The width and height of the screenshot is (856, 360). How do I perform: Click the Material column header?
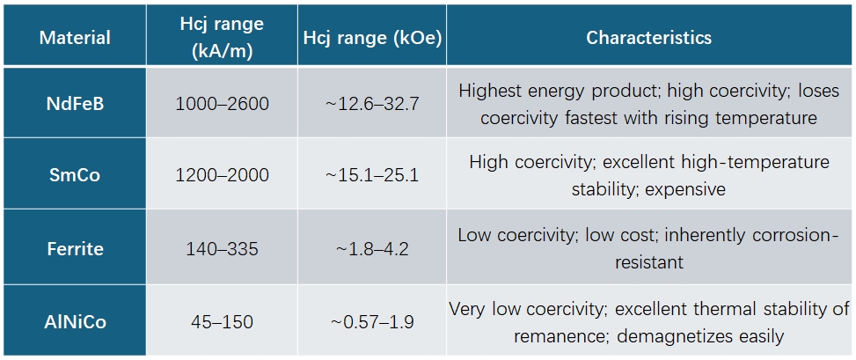pos(76,38)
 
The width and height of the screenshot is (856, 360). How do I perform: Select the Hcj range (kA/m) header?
pos(223,35)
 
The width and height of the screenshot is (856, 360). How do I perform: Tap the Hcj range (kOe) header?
pos(372,38)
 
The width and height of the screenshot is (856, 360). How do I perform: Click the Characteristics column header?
pos(648,38)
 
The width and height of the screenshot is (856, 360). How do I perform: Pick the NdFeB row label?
pos(76,103)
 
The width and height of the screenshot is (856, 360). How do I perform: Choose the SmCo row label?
pos(76,176)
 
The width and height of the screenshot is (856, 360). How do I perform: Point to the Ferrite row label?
pos(76,249)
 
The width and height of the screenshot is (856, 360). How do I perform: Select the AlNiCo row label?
pos(76,322)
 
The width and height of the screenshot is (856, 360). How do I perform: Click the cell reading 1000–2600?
pos(223,103)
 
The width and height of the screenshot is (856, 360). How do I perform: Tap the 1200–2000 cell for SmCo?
pos(223,176)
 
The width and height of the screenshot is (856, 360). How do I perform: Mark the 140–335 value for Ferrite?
pos(223,249)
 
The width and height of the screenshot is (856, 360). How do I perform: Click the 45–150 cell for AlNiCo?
pos(223,322)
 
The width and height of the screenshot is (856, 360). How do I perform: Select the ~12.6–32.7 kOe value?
pos(372,103)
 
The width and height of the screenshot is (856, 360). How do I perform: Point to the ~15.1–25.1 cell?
pos(372,176)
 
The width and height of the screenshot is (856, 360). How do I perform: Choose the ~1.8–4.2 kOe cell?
pos(372,249)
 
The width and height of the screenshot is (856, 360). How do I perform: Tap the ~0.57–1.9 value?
pos(372,322)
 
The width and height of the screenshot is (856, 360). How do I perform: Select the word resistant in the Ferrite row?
pos(649,262)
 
